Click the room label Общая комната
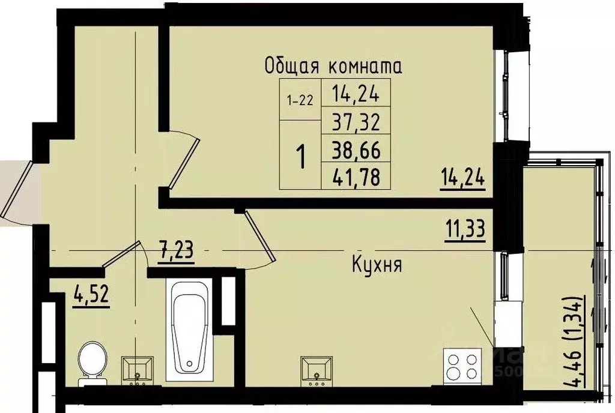pos(333,65)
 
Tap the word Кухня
pos(377,265)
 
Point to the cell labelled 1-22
pos(300,100)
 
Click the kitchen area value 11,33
pos(465,229)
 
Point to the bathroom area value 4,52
pos(91,295)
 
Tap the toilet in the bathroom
pos(91,362)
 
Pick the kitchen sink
pos(317,369)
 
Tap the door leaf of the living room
pos(184,161)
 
